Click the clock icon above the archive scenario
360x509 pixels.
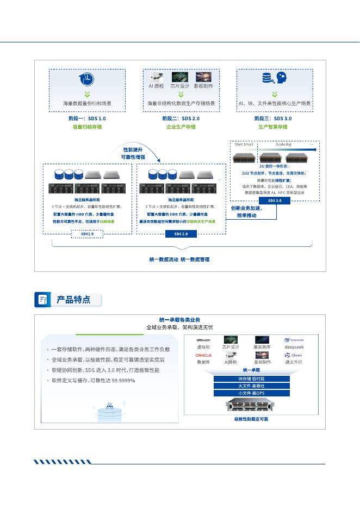[x=86, y=79]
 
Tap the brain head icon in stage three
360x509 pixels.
[x=281, y=78]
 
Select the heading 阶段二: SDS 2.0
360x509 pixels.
[x=181, y=118]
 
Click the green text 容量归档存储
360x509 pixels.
[x=87, y=127]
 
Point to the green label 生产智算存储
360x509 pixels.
[x=273, y=127]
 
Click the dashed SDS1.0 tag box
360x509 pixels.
[x=87, y=234]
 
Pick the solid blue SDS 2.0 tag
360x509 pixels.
[x=181, y=234]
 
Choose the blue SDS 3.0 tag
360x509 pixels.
[x=275, y=201]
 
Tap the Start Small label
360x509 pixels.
[x=244, y=144]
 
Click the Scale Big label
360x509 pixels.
[x=284, y=144]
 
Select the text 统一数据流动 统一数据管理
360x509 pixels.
[x=179, y=259]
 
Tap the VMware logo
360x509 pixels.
[x=203, y=340]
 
